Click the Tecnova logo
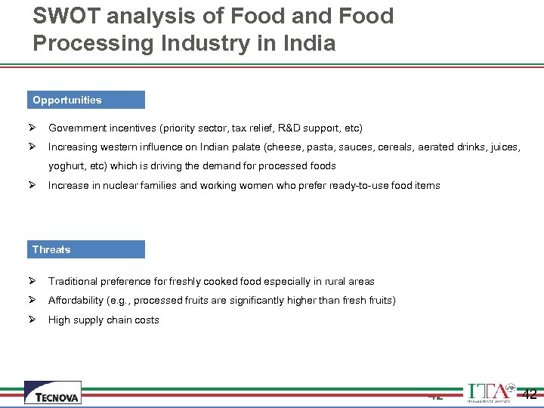(52, 393)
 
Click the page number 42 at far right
(530, 394)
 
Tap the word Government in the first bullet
(78, 128)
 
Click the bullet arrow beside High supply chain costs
(33, 320)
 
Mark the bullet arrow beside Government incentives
(33, 128)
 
